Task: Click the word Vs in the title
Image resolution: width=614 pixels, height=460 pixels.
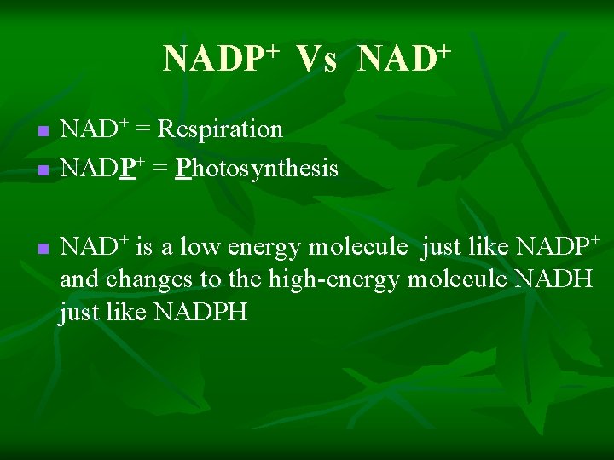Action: (x=317, y=60)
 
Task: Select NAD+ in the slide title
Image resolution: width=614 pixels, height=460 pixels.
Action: (x=404, y=59)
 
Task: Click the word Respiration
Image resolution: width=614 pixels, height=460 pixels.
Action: (x=220, y=129)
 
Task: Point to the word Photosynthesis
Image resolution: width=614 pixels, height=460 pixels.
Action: (x=257, y=169)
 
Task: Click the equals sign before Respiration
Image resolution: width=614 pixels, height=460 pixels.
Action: (x=143, y=130)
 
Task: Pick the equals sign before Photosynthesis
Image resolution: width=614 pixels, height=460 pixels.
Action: (x=159, y=170)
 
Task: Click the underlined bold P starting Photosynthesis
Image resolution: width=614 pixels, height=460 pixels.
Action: (x=182, y=169)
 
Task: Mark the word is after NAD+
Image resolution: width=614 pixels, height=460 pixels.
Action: (x=144, y=247)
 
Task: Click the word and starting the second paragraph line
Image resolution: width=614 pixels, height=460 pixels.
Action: (x=79, y=279)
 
